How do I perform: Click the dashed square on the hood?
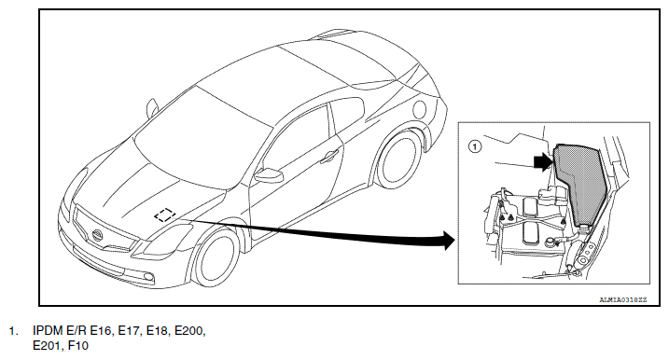[165, 215]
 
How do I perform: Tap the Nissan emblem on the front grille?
[97, 235]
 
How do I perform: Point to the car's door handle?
[329, 157]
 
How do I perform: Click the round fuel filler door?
[419, 109]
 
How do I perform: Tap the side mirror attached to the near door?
[269, 175]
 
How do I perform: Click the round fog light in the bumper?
[148, 278]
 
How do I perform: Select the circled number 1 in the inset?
[475, 147]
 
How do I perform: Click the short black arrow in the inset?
[543, 162]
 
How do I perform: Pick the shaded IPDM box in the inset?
[580, 185]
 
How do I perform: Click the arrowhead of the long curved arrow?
[449, 241]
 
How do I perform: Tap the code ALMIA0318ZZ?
[623, 300]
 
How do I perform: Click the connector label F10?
[78, 345]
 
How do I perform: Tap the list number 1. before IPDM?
[14, 331]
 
